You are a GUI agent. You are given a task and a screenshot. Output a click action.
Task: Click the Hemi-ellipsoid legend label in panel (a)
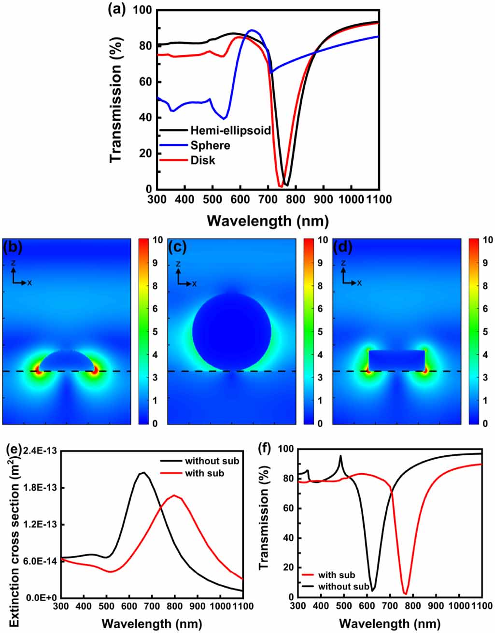tap(230, 130)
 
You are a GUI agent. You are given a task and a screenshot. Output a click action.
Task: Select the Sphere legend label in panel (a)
tap(210, 145)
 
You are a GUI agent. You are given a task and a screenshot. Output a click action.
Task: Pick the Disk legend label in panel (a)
tap(203, 160)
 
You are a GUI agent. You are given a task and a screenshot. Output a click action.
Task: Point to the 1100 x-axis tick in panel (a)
tap(378, 199)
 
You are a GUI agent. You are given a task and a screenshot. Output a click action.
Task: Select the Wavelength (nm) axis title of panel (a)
tap(268, 221)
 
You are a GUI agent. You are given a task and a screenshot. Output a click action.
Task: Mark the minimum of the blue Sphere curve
tap(224, 118)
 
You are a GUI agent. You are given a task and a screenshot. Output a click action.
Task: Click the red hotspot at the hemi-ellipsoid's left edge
tap(38, 371)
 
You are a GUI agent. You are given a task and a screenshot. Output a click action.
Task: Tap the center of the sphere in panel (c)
tap(231, 332)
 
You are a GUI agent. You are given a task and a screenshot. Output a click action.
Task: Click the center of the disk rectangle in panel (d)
tap(396, 360)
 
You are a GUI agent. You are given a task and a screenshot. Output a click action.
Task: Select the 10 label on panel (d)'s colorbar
tap(487, 240)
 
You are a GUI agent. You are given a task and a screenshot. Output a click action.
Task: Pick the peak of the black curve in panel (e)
tap(142, 473)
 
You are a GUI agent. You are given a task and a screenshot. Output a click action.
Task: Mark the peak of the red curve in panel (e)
tap(174, 495)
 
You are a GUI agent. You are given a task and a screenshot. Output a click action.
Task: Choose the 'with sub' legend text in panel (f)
tap(337, 575)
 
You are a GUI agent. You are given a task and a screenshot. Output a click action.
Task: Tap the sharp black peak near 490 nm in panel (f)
tap(340, 456)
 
